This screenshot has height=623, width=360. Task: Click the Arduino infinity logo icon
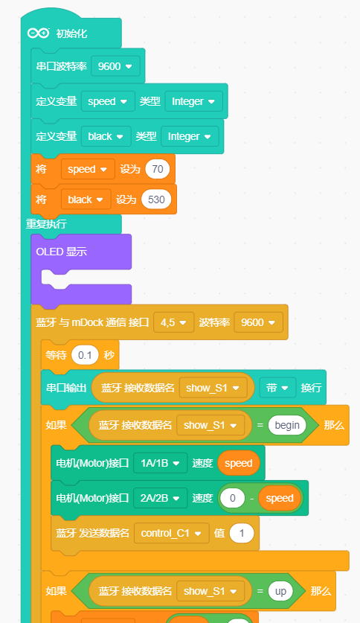pos(38,33)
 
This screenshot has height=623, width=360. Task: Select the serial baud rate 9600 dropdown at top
pos(115,66)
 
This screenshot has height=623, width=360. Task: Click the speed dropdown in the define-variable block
pos(108,101)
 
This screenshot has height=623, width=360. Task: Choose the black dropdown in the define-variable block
pos(106,136)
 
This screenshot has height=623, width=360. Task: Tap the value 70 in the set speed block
pos(158,169)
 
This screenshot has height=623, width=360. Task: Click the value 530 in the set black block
pos(156,199)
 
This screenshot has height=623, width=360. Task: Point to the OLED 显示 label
pos(62,252)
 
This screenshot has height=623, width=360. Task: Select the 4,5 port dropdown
pos(173,322)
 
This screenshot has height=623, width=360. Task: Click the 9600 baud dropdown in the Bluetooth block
pos(258,322)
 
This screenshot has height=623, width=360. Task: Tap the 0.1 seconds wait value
pos(85,355)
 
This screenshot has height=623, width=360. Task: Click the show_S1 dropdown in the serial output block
pos(213,388)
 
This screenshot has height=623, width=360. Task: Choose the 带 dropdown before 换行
pos(277,388)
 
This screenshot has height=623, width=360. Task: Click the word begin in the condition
pos(287,425)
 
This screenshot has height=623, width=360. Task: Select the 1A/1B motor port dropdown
pos(161,463)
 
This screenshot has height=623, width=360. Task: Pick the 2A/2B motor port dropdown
pos(161,498)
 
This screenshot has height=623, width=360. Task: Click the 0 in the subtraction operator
pos(233,498)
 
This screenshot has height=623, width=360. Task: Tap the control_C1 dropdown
pos(172,533)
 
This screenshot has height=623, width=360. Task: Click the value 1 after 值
pos(242,533)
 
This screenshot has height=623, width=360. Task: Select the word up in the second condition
pos(280,591)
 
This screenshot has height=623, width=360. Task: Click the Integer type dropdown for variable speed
pos(193,101)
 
